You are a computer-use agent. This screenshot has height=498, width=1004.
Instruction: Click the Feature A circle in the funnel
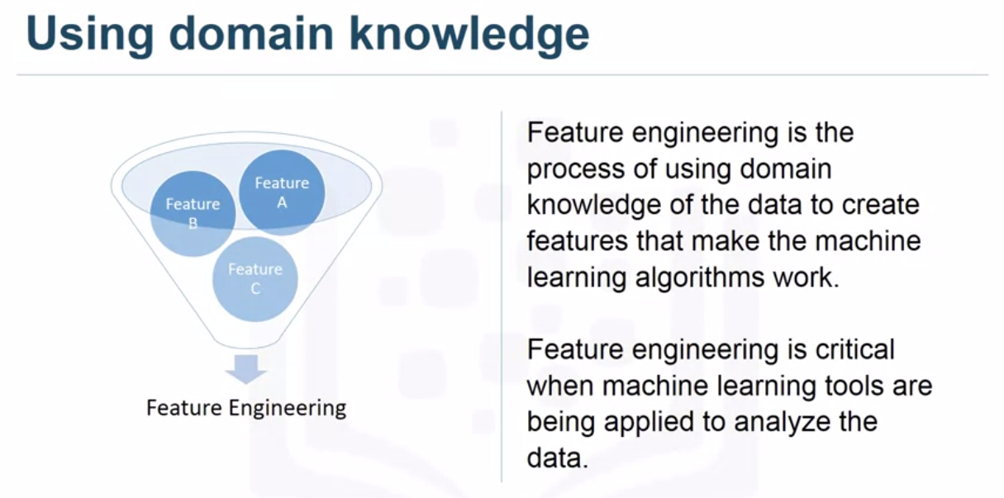(282, 192)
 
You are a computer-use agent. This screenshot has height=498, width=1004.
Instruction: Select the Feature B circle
(193, 213)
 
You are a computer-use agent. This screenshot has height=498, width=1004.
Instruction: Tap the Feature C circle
(255, 278)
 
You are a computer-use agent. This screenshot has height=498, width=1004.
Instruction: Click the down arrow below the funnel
(246, 368)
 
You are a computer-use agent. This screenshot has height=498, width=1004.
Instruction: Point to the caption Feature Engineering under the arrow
(246, 408)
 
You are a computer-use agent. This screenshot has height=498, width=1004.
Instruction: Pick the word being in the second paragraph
(562, 421)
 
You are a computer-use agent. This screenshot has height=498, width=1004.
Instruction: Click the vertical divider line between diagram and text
(502, 296)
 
